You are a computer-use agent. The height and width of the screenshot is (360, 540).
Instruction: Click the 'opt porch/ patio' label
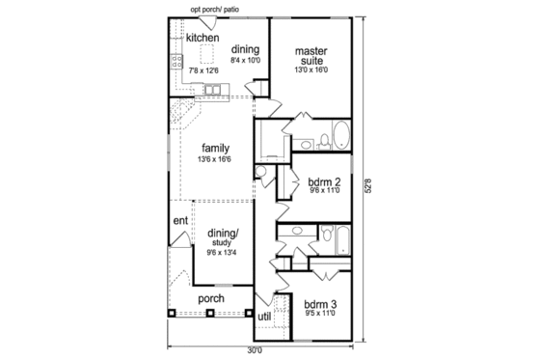(214, 9)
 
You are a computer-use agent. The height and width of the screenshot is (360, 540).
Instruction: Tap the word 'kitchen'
(202, 38)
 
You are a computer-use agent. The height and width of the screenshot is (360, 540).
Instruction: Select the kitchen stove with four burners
(177, 62)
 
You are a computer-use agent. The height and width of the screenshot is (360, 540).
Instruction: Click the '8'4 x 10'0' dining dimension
(245, 59)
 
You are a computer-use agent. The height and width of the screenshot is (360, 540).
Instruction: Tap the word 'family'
(215, 148)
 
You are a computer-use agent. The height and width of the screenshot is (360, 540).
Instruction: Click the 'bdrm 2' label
(323, 180)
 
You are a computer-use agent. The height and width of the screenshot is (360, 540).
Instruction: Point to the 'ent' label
(180, 221)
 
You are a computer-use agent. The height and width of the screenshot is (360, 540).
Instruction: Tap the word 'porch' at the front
(211, 299)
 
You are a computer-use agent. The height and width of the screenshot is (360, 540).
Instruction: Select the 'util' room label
(263, 316)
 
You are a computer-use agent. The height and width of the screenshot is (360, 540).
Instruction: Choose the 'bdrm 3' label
(319, 303)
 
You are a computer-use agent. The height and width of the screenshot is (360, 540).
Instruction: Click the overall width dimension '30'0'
(254, 349)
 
